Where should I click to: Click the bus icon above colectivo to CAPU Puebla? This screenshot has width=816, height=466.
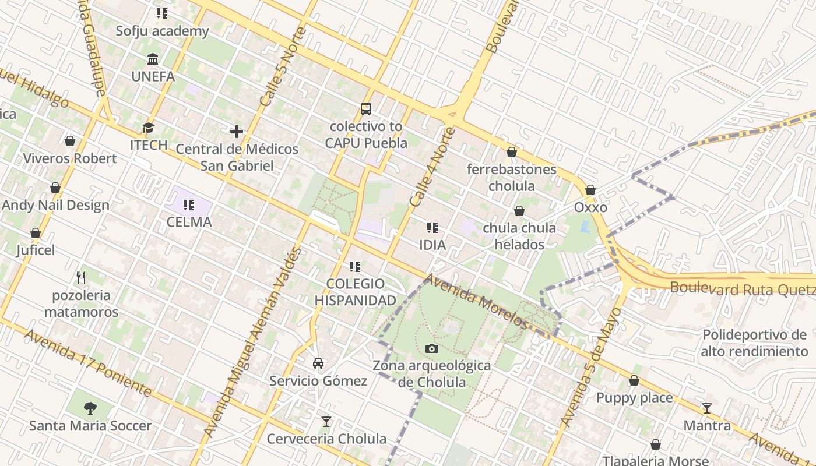coord(366,108)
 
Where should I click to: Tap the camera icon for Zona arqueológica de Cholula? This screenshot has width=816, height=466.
coord(432,348)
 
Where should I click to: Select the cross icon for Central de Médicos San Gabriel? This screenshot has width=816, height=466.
coord(237,132)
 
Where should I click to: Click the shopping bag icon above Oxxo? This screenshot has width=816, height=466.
coord(590,190)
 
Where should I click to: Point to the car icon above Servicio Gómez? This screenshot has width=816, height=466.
coord(318,363)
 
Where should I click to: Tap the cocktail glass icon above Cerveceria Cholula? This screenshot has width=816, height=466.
coord(326,421)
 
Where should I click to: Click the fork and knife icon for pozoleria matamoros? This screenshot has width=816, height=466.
coord(82,277)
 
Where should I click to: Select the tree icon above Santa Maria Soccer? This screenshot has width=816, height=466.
coord(90,408)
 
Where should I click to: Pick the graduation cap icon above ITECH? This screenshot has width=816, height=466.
coord(149,127)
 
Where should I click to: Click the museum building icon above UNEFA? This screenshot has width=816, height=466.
coord(153,59)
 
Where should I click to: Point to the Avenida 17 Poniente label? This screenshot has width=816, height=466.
coord(87,363)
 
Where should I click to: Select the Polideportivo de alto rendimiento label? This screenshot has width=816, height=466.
coord(754,343)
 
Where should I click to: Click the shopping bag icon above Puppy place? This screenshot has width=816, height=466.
coord(634,380)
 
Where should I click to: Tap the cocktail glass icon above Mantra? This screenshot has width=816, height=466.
coord(707,408)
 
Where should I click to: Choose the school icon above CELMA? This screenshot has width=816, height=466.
coord(189,204)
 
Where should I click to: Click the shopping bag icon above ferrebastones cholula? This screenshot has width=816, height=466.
coord(512,152)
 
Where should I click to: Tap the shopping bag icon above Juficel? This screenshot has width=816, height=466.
coord(36,233)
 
